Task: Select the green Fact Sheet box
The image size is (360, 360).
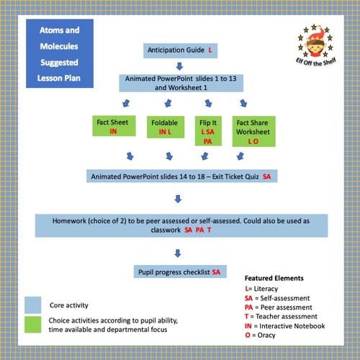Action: (113, 127)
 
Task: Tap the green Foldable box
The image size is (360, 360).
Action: (164, 127)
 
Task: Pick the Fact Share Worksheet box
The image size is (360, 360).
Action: (253, 131)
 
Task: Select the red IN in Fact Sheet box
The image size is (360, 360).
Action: (113, 132)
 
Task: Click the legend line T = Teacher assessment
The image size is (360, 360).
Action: (282, 315)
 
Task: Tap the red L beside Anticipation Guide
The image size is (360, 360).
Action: (210, 51)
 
